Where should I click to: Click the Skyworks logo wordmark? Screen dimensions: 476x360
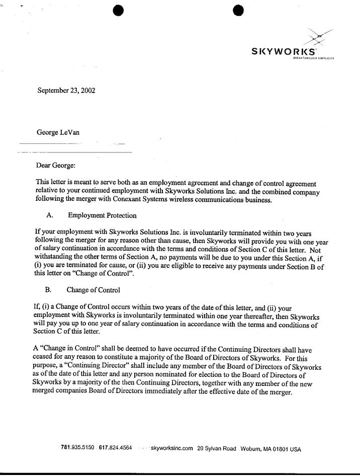(x=284, y=51)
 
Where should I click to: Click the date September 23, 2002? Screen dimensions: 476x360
(x=66, y=91)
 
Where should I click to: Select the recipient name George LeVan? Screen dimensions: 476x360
(x=58, y=133)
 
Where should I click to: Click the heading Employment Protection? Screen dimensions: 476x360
(x=102, y=216)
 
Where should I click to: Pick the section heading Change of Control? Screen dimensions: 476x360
(x=93, y=290)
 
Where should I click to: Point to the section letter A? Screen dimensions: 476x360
(x=49, y=216)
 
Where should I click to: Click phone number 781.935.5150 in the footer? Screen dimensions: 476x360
(x=77, y=448)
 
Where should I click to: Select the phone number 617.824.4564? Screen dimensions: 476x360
(x=116, y=448)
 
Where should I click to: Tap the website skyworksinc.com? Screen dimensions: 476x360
(x=172, y=448)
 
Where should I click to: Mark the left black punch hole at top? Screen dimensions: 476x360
(x=118, y=10)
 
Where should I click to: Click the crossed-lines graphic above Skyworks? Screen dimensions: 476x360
(x=318, y=36)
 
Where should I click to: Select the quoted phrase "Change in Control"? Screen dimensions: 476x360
(x=62, y=348)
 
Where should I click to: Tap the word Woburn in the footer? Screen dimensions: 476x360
(x=251, y=449)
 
